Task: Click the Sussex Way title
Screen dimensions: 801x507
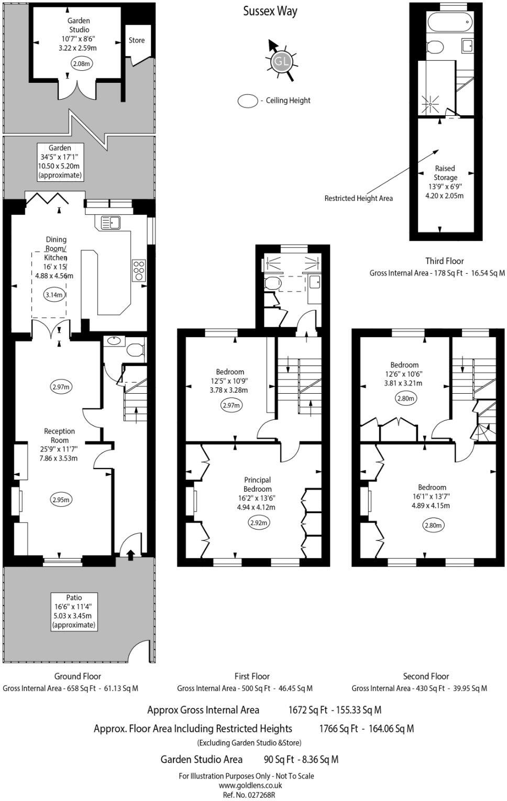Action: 270,12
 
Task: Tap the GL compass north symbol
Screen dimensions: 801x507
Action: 281,62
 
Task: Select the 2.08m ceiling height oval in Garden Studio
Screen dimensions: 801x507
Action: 82,64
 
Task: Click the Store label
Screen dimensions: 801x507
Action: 137,40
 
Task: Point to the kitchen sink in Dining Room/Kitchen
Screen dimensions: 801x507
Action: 111,222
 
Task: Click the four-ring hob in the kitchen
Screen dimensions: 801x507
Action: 139,270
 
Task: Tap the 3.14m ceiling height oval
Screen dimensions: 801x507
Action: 54,295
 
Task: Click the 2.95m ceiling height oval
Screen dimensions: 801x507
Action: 61,500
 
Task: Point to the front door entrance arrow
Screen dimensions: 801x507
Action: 130,554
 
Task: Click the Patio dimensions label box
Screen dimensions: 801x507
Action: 74,611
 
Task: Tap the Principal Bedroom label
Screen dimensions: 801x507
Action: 257,484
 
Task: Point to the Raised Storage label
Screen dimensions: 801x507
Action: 445,172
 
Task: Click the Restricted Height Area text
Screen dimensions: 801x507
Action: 358,198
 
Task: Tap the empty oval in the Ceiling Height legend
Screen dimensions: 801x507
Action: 248,101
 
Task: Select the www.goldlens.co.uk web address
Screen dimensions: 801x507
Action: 250,785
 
